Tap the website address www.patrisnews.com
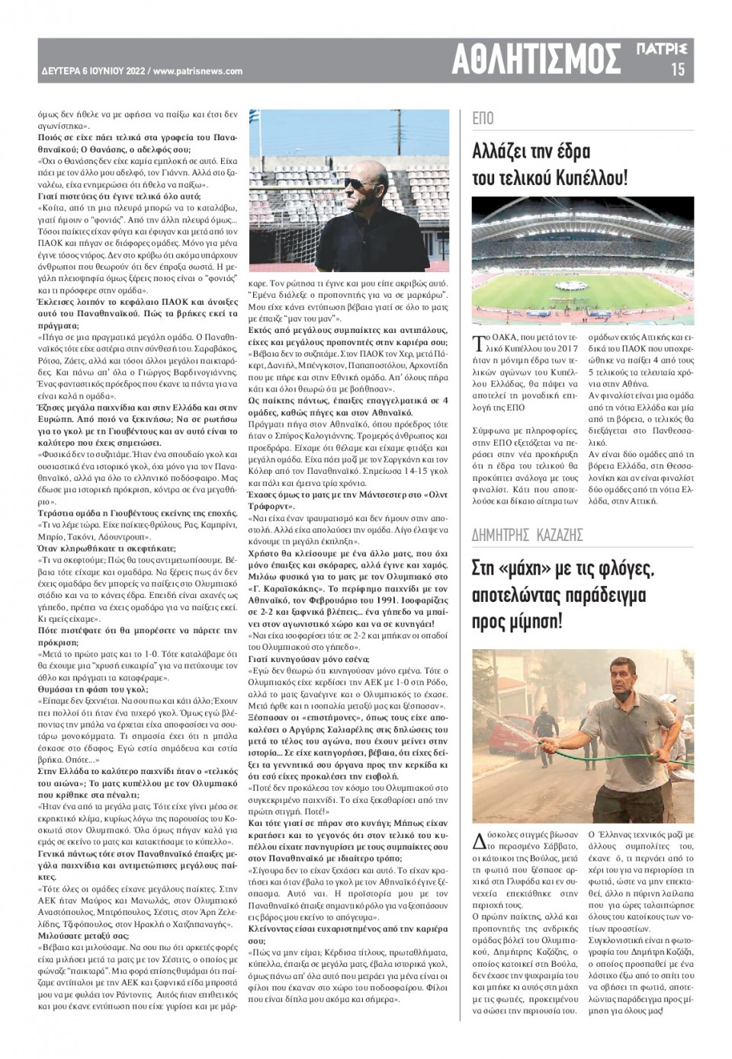(197, 72)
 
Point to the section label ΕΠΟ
(483, 118)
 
